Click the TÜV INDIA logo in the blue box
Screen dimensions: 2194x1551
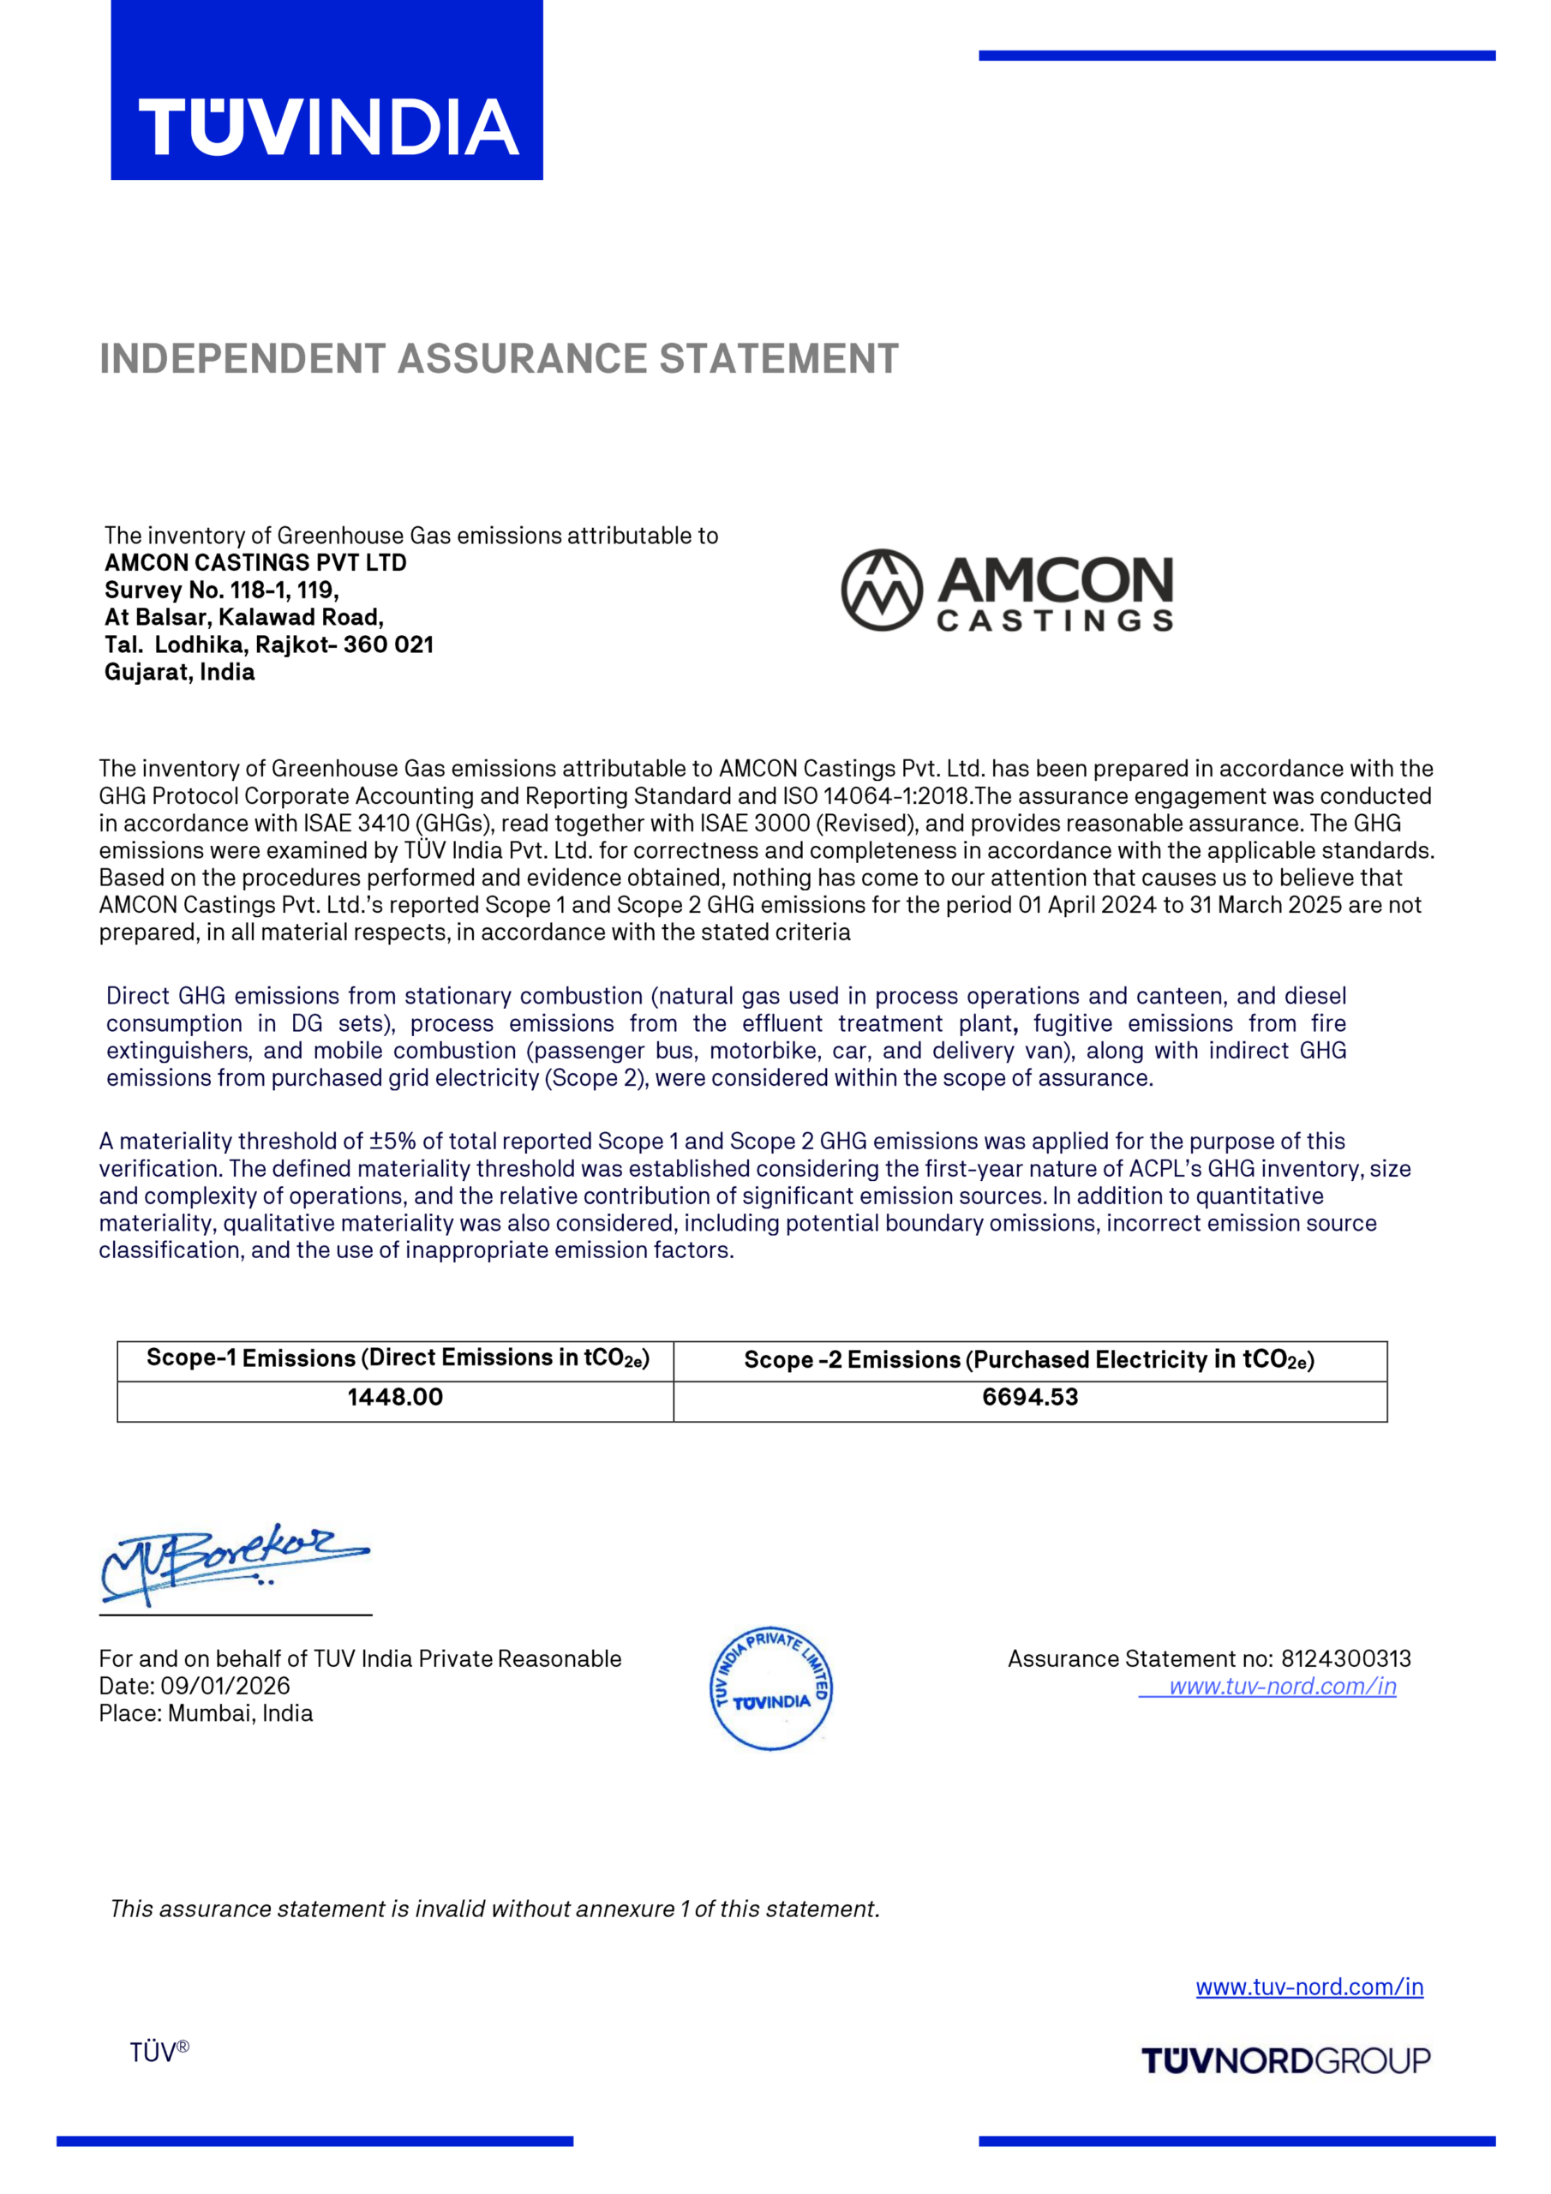[328, 127]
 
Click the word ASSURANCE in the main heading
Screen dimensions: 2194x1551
[524, 359]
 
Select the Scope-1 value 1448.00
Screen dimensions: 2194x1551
[395, 1397]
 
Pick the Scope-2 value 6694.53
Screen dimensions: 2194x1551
[1029, 1397]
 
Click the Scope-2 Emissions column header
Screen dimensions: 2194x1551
[1029, 1360]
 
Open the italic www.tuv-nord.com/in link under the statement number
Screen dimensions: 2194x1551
[1282, 1687]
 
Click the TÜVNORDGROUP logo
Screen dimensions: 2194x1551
[1285, 2060]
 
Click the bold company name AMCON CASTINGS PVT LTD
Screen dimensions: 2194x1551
[255, 563]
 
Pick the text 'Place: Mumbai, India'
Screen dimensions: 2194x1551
[206, 1713]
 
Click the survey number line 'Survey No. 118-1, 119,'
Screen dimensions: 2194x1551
[222, 590]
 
